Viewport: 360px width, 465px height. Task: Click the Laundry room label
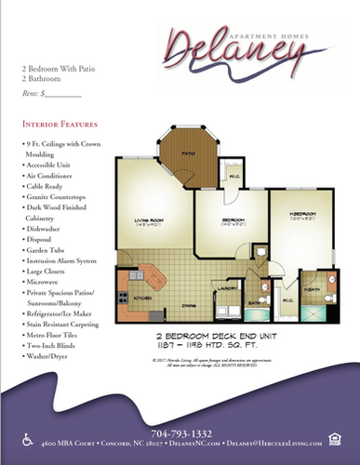tap(223, 288)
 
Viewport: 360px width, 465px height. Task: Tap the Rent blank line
tap(64, 94)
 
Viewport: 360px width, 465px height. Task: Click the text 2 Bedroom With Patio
tap(58, 69)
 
